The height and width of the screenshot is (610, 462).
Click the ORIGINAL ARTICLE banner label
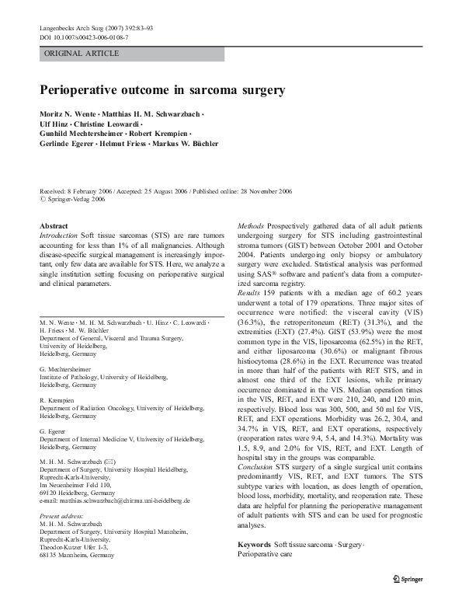click(x=82, y=54)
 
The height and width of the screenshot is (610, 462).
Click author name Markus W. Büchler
click(x=186, y=143)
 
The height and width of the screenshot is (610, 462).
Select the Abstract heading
click(x=54, y=226)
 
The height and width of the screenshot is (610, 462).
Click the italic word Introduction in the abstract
click(x=58, y=235)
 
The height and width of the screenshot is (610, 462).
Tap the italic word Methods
click(x=251, y=226)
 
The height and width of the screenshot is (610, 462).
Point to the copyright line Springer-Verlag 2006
click(x=75, y=200)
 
